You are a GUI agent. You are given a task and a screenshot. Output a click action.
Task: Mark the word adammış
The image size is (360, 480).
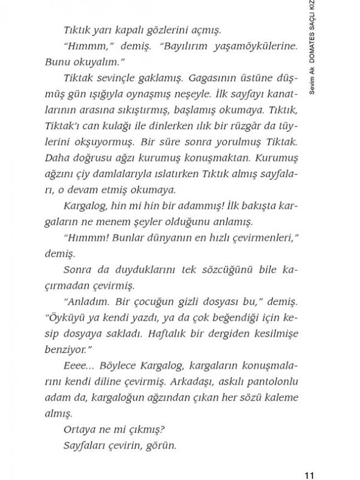[x=197, y=206]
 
